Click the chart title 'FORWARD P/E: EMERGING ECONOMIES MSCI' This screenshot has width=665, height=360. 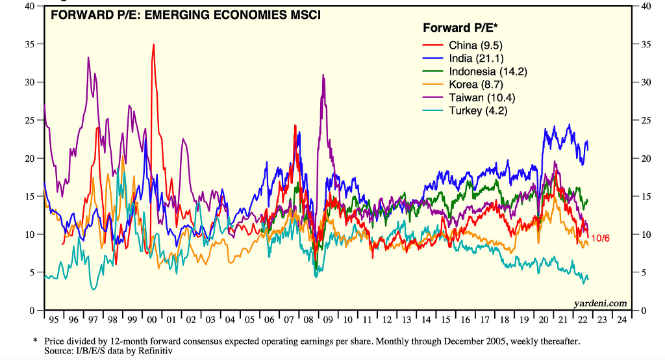tap(185, 14)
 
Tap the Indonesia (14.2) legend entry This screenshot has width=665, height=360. tap(488, 71)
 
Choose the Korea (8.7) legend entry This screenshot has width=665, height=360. tap(476, 84)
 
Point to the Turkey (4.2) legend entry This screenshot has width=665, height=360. tap(478, 110)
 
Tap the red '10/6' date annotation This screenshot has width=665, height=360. tap(601, 238)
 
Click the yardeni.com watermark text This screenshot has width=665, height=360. tap(601, 303)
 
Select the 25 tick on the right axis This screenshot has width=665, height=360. tap(644, 121)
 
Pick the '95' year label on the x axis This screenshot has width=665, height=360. tap(53, 320)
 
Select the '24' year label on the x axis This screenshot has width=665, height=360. tap(621, 320)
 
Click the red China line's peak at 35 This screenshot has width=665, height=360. tap(153, 45)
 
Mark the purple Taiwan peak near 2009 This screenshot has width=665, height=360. tap(323, 75)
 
